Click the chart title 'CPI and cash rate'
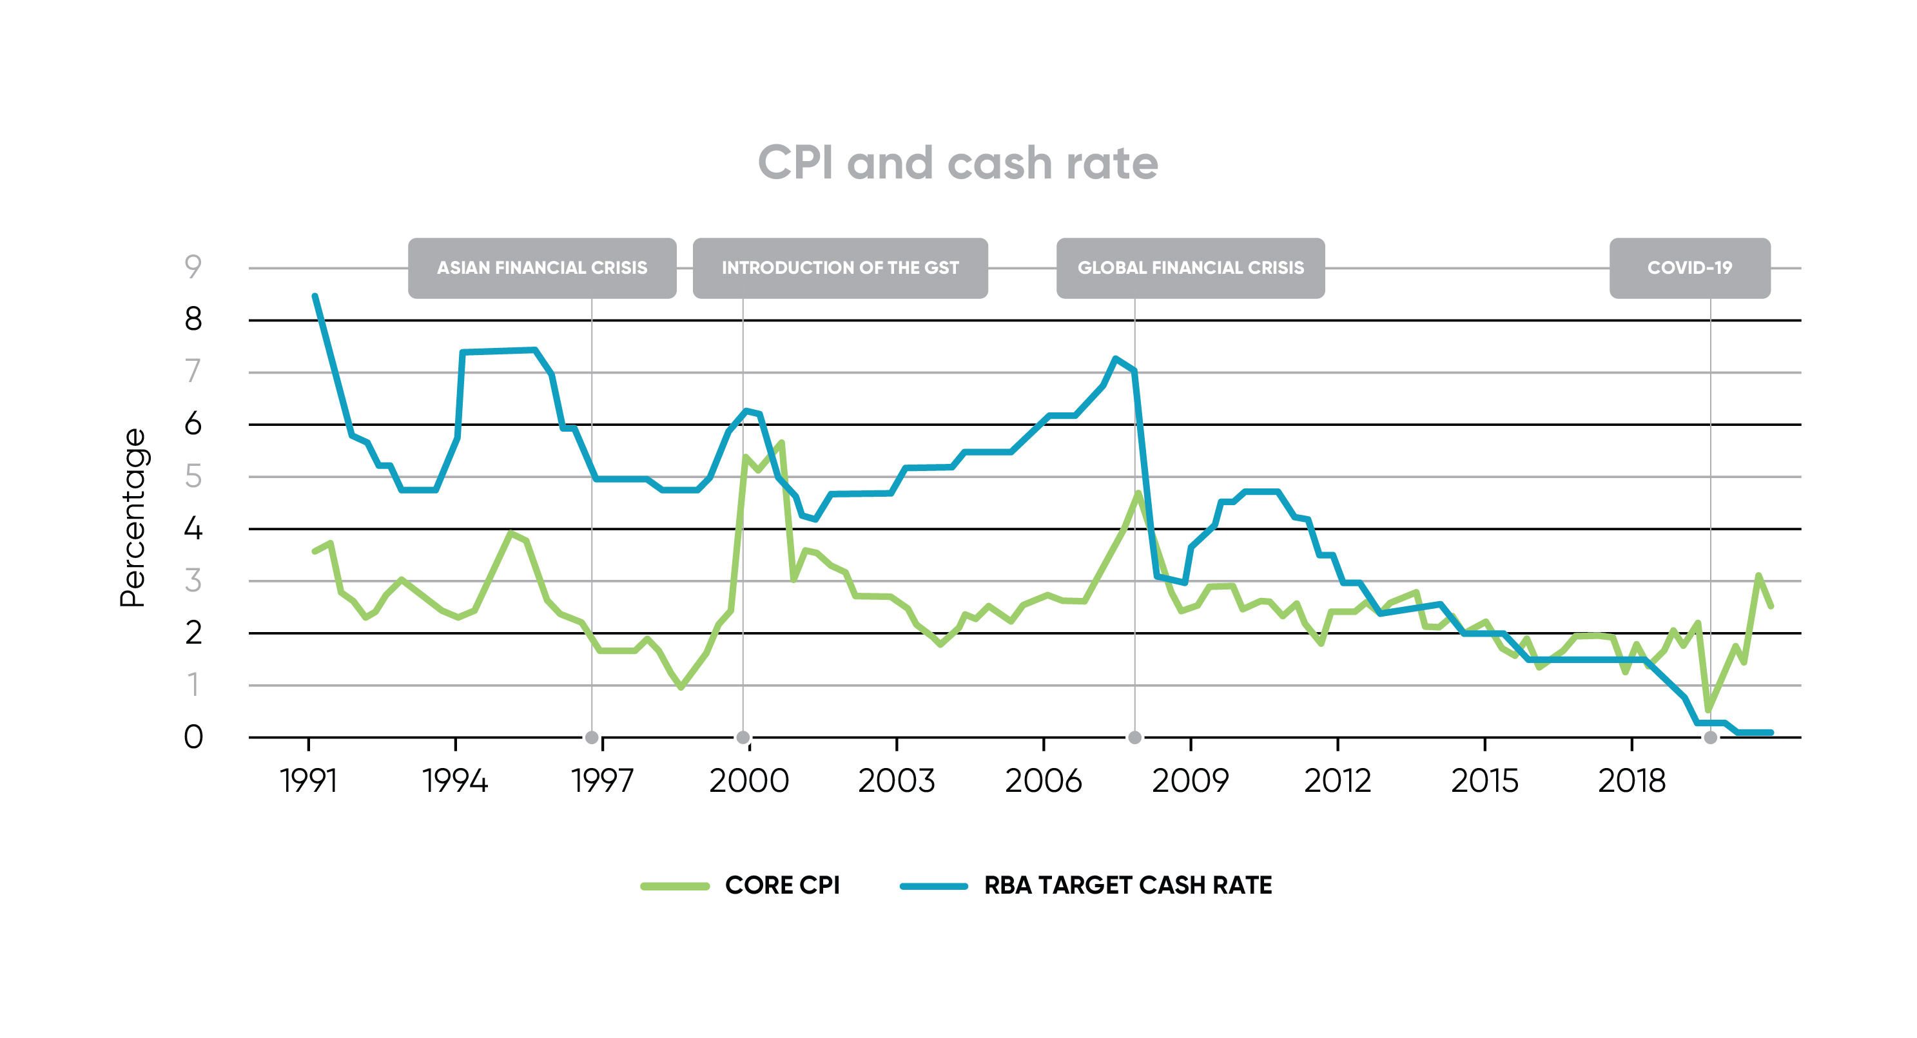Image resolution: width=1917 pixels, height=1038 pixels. [x=957, y=162]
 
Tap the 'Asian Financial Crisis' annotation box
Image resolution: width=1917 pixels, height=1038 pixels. [x=541, y=268]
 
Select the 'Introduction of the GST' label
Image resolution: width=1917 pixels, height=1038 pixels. [x=839, y=268]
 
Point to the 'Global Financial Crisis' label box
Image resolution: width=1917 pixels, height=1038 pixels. [x=1190, y=268]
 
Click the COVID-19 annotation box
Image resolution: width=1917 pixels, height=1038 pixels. [x=1689, y=268]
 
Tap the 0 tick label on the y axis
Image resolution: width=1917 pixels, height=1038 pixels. [x=193, y=736]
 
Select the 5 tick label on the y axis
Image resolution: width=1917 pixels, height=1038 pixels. [x=193, y=476]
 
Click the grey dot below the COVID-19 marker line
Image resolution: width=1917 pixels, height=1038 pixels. [x=1710, y=737]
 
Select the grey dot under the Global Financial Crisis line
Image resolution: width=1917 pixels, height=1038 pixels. [x=1134, y=737]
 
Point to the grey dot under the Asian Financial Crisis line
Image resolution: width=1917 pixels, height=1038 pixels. [x=592, y=737]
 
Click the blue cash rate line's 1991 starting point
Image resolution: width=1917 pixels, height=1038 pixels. [x=315, y=296]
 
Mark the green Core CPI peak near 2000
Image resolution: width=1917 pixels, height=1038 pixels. [x=781, y=443]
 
